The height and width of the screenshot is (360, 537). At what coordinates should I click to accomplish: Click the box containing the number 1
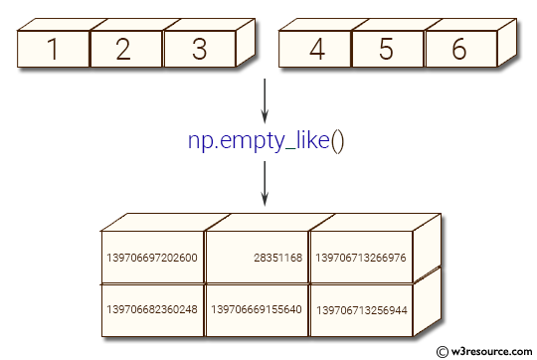53,49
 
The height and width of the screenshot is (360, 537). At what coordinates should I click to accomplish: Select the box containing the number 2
124,49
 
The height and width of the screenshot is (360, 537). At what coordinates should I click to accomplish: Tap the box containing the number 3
197,49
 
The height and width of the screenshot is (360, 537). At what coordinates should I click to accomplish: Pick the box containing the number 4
315,49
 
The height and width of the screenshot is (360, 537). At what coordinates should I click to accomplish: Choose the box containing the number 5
387,49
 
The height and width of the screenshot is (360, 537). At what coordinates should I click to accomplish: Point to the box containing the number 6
458,49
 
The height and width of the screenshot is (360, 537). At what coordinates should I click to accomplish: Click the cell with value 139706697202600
152,258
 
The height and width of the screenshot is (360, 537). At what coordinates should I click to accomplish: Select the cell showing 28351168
257,258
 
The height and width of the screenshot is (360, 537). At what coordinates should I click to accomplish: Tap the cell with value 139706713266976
360,258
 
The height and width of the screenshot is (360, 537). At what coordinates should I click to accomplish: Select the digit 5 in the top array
387,49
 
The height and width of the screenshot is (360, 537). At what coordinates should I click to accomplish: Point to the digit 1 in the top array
53,49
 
